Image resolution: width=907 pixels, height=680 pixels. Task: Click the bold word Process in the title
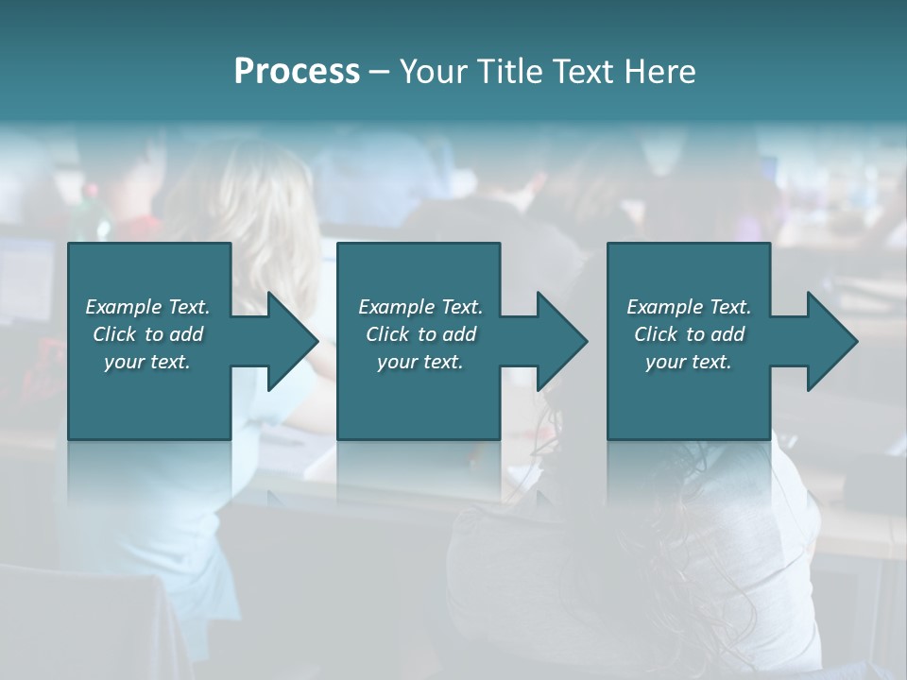tap(297, 72)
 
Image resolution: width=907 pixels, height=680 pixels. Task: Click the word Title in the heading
tap(513, 72)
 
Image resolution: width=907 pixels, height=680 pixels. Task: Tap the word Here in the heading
tap(660, 72)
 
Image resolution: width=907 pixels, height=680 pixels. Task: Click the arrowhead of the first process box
tap(289, 341)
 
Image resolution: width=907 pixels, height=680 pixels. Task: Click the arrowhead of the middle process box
tap(558, 341)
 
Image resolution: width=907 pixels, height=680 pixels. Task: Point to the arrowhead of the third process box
tap(829, 341)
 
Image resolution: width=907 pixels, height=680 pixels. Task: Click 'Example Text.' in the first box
tap(147, 307)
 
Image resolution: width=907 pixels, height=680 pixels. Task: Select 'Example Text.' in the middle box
tap(420, 307)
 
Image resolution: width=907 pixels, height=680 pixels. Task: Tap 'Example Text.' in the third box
tap(689, 307)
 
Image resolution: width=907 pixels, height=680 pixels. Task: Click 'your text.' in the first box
tap(147, 362)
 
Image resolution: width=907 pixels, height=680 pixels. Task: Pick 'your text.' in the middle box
tap(420, 362)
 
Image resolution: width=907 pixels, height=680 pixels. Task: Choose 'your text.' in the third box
tap(689, 362)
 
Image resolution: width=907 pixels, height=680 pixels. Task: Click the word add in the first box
tap(187, 334)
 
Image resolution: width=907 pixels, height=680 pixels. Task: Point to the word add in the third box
tap(728, 334)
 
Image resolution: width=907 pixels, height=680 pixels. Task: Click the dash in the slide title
tap(379, 72)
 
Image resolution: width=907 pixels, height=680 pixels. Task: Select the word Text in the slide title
tap(586, 72)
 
